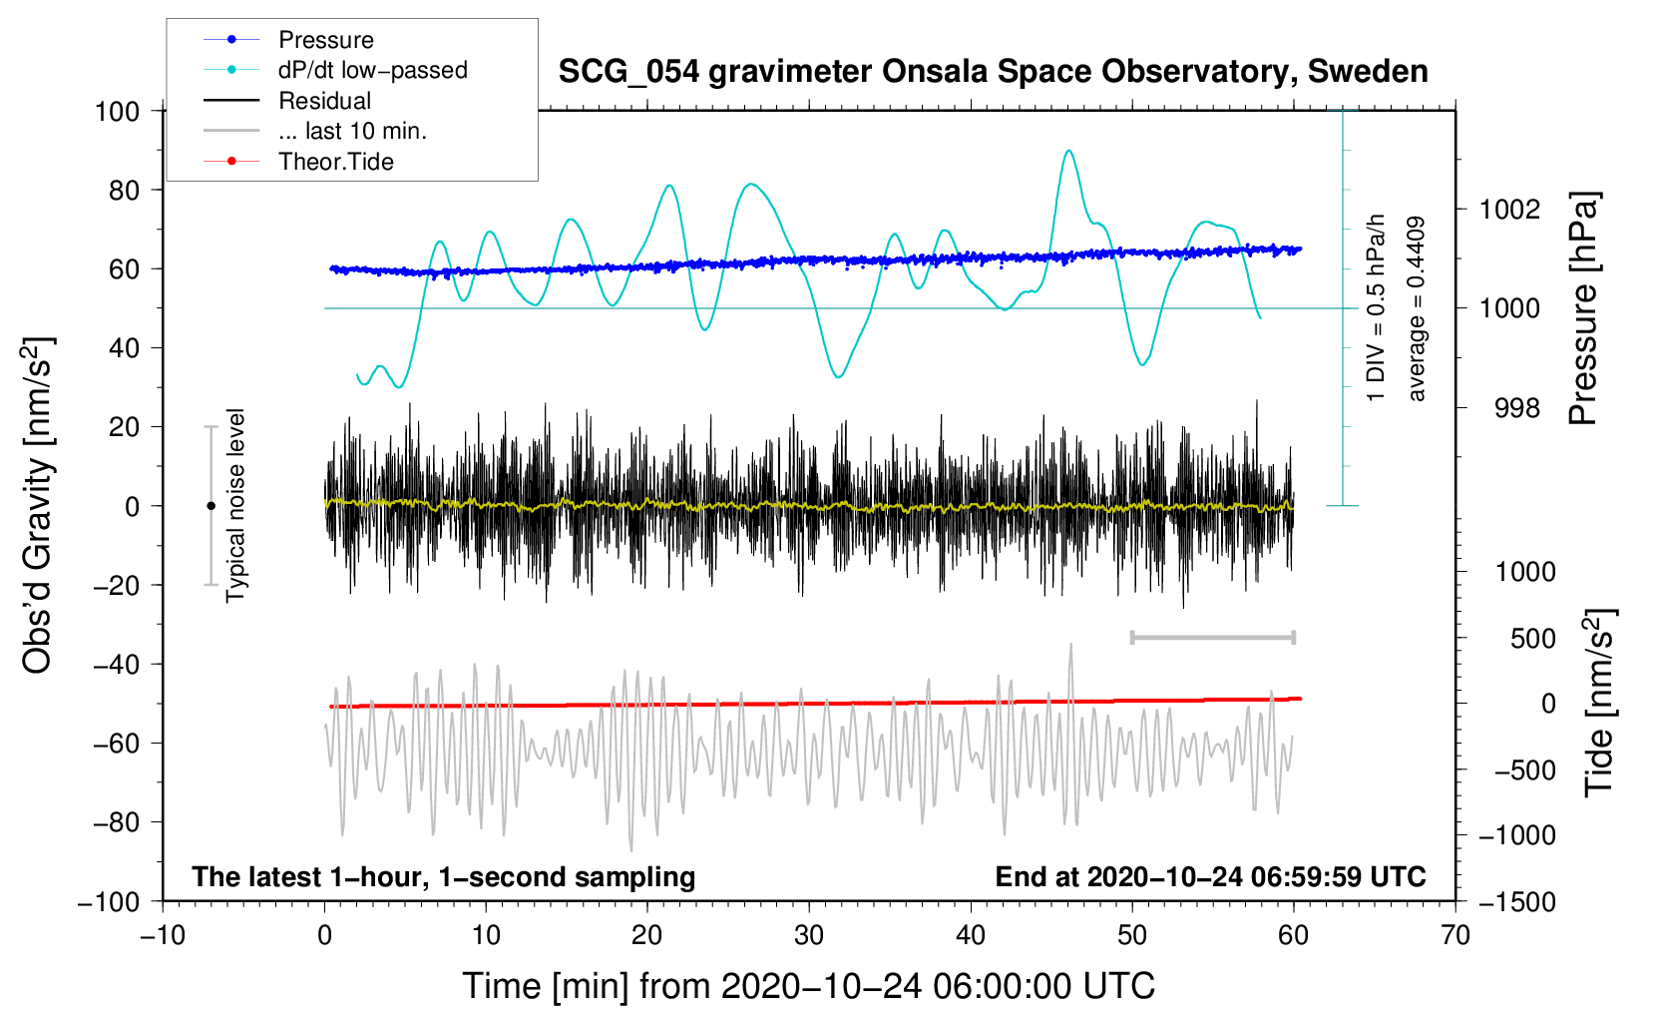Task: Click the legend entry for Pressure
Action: tap(289, 39)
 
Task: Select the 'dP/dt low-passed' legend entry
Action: tap(335, 70)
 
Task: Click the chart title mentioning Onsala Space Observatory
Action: tap(993, 72)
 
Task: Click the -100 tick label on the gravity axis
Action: tap(109, 902)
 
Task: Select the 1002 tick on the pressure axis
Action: tap(1509, 210)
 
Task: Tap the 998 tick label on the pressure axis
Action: tap(1517, 407)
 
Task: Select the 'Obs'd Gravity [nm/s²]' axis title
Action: tap(37, 505)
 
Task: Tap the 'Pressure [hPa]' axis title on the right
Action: tap(1583, 308)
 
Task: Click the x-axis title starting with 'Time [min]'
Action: tap(809, 986)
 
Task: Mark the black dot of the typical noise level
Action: tap(210, 506)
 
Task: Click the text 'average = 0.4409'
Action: tap(1416, 308)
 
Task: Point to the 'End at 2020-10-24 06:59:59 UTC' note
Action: tap(1210, 876)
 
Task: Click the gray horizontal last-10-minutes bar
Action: tap(1212, 637)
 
